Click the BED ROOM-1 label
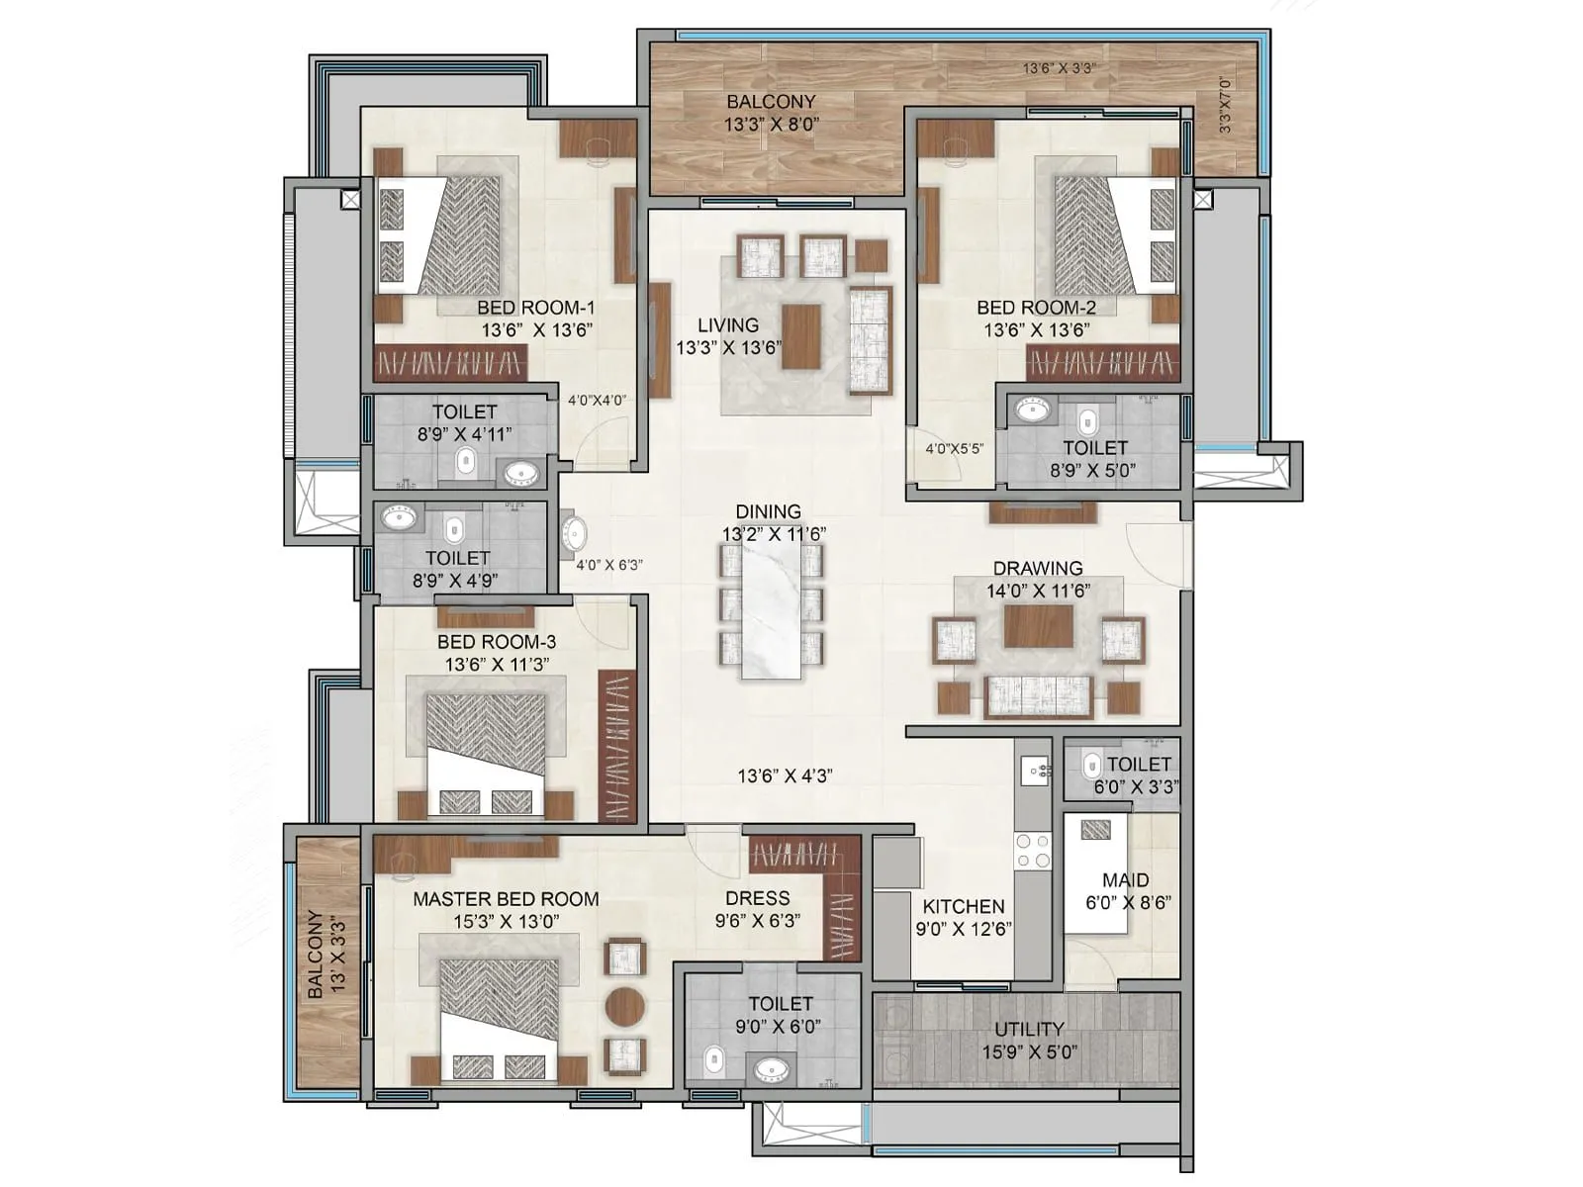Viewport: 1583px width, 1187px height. click(x=535, y=308)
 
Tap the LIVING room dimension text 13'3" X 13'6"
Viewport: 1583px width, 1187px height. click(x=728, y=348)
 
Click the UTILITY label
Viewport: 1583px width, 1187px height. click(x=1029, y=1029)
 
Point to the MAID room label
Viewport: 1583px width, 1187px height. click(x=1126, y=880)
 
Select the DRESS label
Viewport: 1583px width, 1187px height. click(x=758, y=898)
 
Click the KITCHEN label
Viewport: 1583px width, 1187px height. click(x=964, y=906)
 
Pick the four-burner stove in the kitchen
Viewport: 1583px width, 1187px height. click(x=1033, y=852)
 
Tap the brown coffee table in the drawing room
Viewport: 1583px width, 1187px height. click(x=1038, y=626)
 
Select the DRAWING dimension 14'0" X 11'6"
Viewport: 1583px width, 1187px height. click(x=1038, y=591)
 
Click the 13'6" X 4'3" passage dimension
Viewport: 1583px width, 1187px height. click(x=785, y=776)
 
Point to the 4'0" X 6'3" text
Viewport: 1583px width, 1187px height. click(x=609, y=565)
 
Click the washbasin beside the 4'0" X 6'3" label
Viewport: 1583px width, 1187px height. click(x=574, y=533)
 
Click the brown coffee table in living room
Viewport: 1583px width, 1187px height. click(x=800, y=336)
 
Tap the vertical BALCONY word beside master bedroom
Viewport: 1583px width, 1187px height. click(x=315, y=955)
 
